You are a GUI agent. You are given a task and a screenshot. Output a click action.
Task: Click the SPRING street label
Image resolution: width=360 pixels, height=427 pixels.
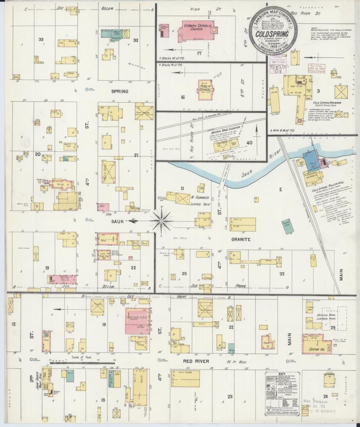click(120, 91)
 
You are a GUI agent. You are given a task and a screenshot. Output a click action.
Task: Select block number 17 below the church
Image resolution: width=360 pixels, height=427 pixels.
click(199, 53)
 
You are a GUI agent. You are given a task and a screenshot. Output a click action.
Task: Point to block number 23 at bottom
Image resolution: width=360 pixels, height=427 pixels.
click(230, 396)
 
